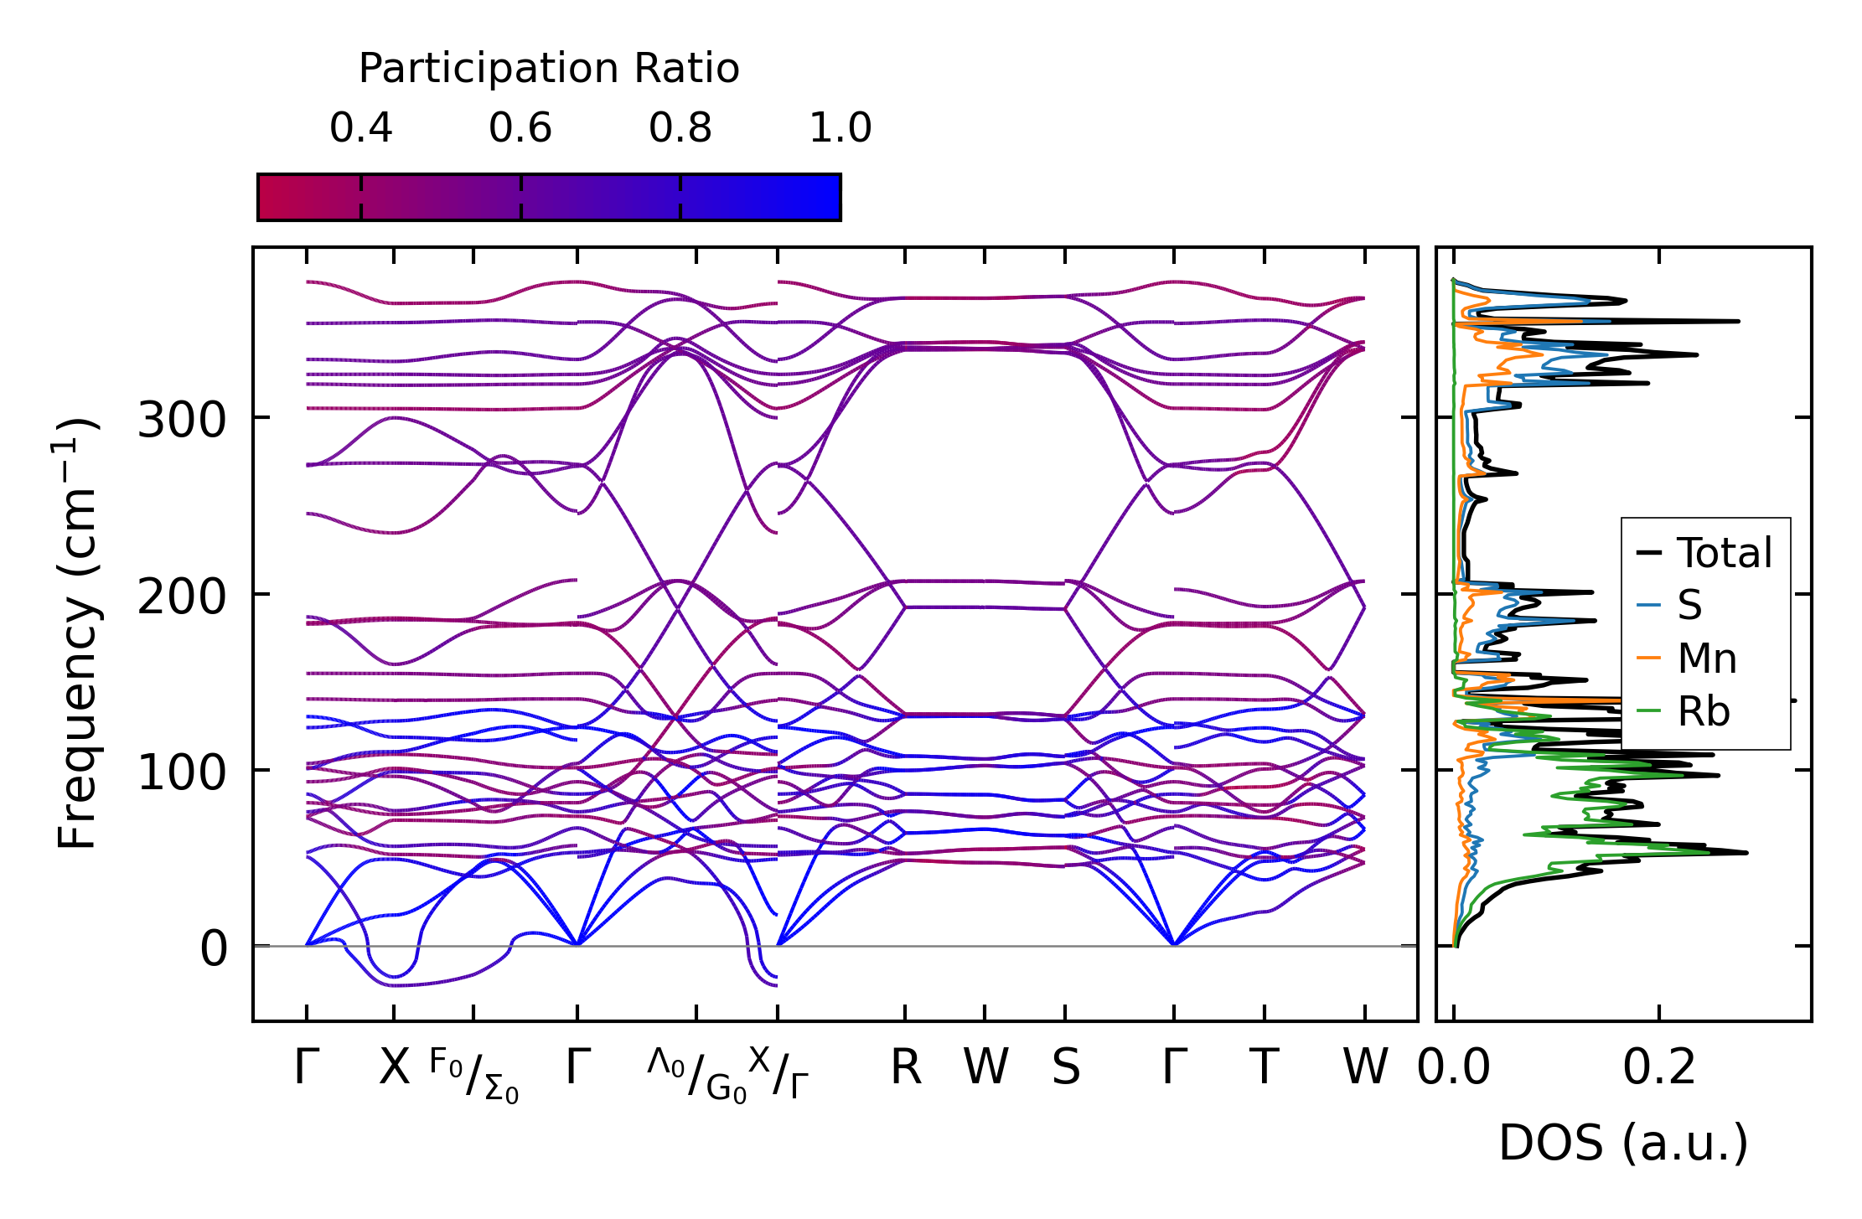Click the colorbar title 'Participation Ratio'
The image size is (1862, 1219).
point(549,69)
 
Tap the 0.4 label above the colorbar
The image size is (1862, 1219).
point(360,128)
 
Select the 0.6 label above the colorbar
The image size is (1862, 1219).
point(520,128)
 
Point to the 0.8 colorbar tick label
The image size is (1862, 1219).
point(680,128)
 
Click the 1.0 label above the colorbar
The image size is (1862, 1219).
point(840,128)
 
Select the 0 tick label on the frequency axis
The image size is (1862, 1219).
point(214,948)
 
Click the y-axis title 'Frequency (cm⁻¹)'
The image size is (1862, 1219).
point(77,634)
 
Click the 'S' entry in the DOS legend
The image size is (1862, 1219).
point(1689,605)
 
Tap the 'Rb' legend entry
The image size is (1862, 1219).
point(1704,711)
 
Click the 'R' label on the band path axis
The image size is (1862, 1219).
point(906,1067)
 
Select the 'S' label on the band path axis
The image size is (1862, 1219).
point(1065,1067)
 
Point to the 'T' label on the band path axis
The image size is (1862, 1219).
point(1264,1067)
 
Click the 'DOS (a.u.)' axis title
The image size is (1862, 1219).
point(1623,1143)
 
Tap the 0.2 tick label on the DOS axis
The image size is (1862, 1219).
point(1659,1067)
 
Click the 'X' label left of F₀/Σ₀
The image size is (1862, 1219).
point(394,1067)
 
